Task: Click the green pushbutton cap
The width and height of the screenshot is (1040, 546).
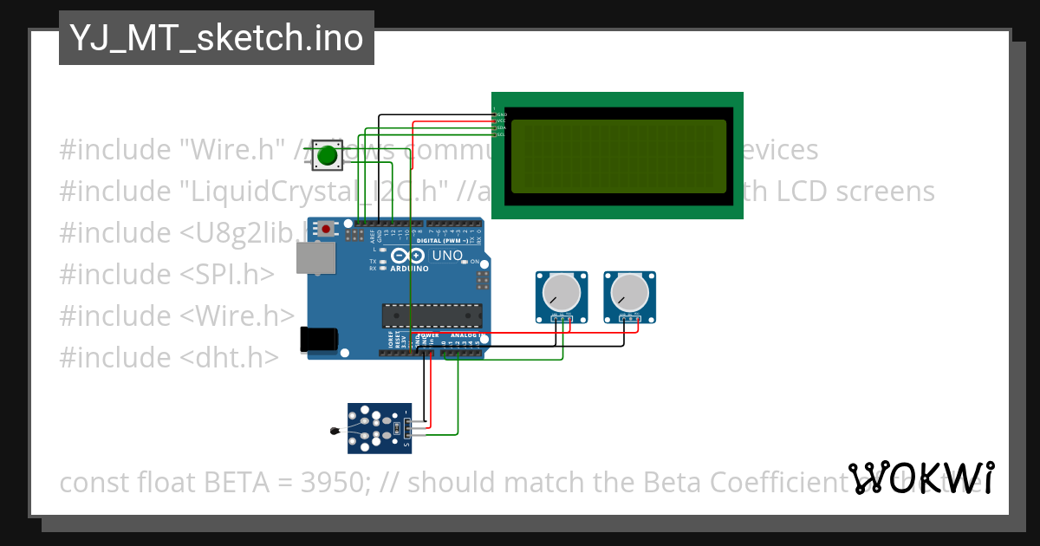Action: coord(327,156)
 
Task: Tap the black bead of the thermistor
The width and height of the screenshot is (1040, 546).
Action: coord(335,430)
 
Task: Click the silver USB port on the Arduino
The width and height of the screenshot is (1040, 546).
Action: coord(315,258)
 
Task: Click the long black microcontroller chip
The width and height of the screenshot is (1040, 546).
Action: coord(432,317)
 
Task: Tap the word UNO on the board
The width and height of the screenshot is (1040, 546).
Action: coord(447,256)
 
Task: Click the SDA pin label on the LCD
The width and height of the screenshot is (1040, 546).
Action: coord(500,127)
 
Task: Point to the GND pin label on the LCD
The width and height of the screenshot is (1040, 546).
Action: coord(500,114)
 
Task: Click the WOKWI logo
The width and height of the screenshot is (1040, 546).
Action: coord(921,478)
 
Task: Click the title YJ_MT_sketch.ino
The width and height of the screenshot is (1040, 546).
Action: coord(216,38)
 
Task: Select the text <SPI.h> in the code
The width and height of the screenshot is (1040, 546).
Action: coord(227,274)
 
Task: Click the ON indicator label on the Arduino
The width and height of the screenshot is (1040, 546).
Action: coord(475,261)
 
